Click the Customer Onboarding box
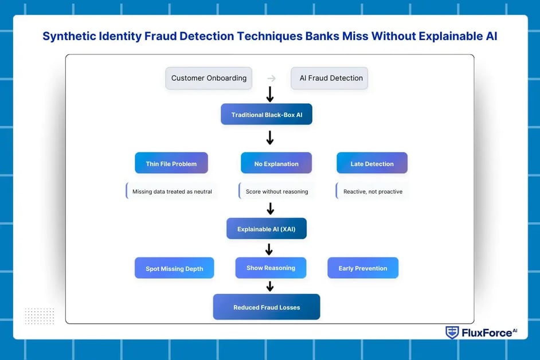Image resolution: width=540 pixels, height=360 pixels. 209,78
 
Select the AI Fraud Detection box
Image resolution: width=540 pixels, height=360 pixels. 330,78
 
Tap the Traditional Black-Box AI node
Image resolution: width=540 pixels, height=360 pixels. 267,115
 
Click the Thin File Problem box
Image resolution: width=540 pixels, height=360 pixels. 171,163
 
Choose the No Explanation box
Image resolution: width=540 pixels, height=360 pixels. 276,163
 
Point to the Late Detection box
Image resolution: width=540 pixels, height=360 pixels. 372,163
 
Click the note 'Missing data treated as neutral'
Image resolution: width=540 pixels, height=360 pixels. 171,191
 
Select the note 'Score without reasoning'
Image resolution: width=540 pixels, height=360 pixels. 276,191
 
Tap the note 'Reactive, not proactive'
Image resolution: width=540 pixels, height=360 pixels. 372,191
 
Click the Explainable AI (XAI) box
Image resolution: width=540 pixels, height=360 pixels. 267,229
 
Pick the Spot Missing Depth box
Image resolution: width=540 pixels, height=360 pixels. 174,268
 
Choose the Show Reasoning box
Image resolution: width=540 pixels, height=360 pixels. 271,268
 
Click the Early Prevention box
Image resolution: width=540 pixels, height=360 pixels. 363,268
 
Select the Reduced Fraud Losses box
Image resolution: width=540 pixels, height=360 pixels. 267,307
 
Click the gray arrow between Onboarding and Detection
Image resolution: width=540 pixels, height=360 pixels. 272,79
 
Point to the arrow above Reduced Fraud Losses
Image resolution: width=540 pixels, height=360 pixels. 270,286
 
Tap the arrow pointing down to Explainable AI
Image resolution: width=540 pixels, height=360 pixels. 271,209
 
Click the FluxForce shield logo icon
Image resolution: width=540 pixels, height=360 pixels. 452,332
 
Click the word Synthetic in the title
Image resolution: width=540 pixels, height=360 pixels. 71,37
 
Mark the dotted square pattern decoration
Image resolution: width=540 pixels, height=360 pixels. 40,316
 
